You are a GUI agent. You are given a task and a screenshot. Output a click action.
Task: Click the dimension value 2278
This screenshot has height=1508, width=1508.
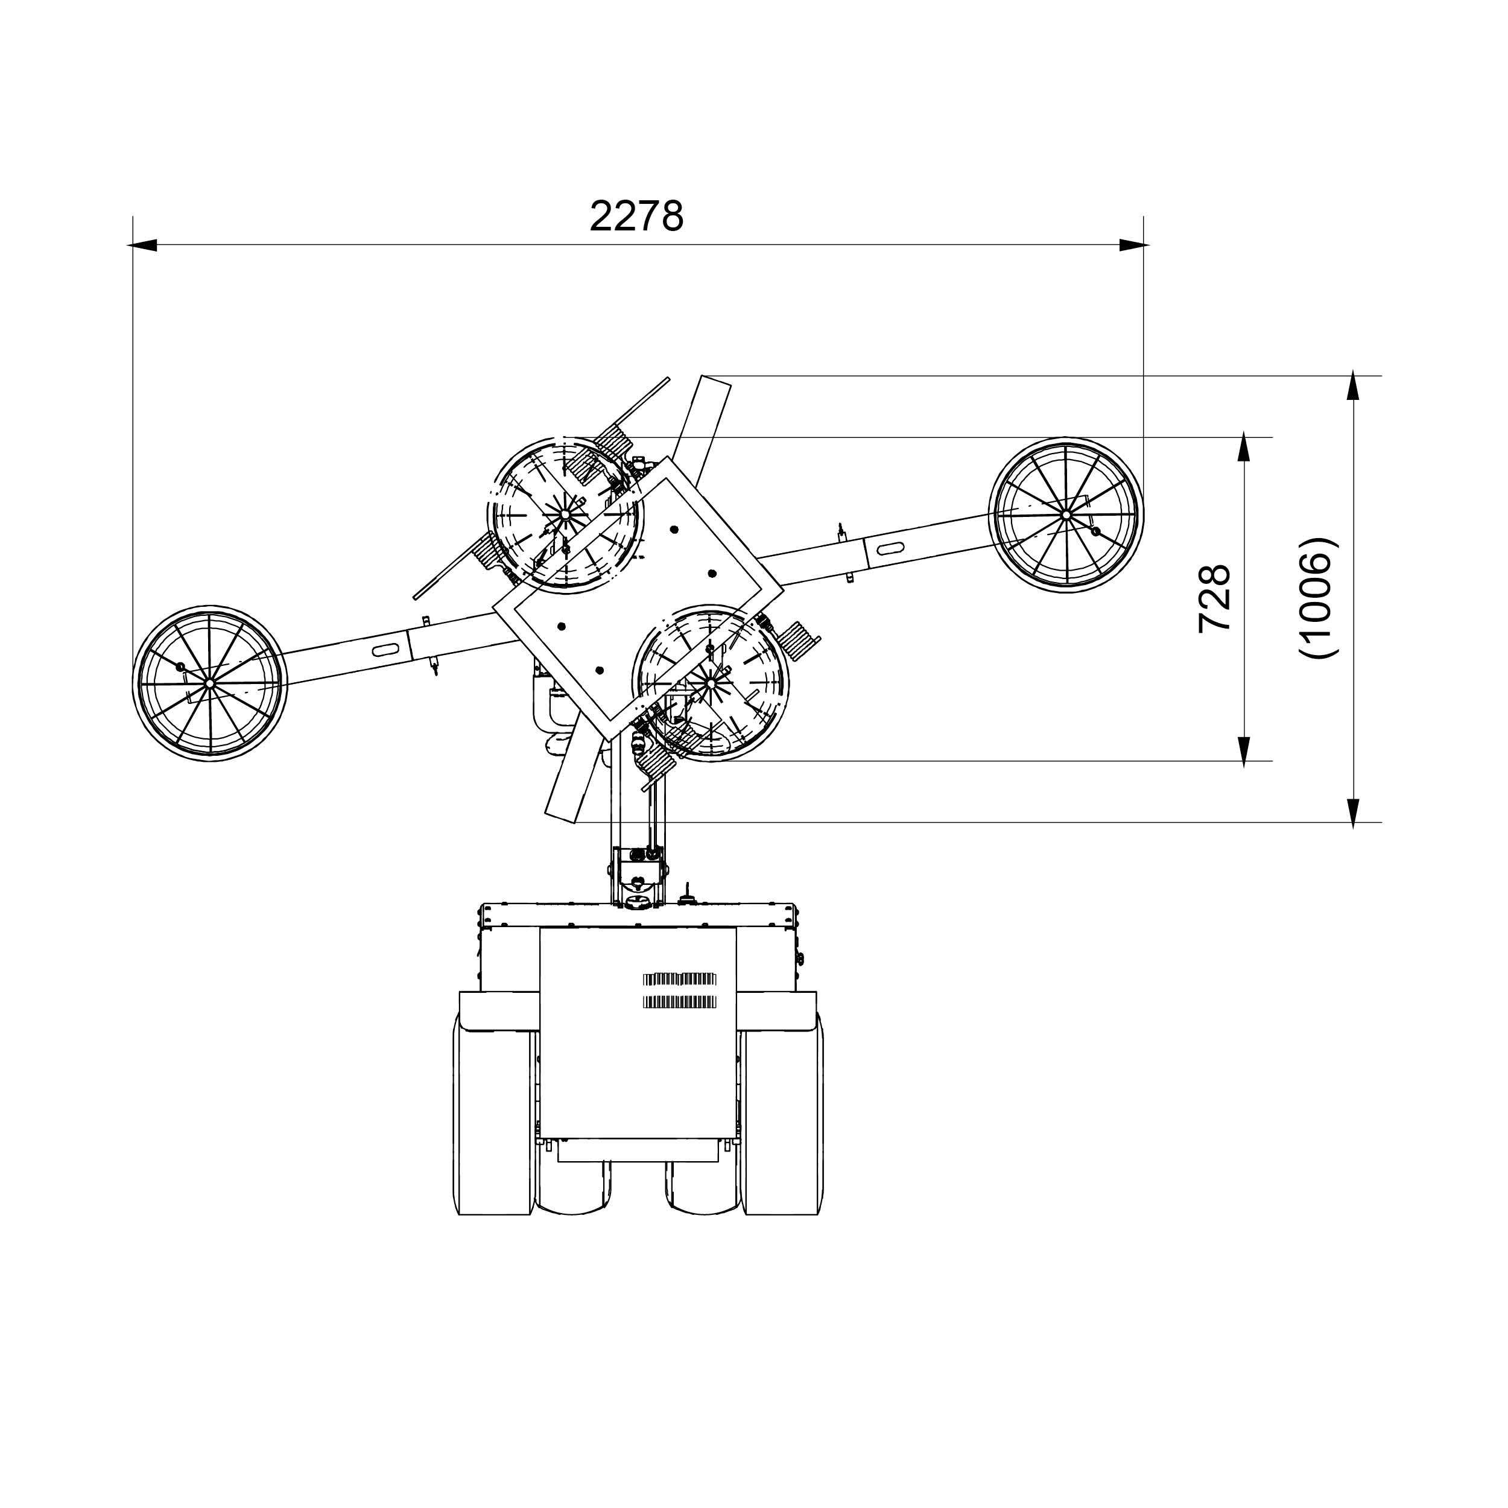[636, 216]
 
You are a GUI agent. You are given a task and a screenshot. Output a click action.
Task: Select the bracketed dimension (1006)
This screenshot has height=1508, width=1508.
[1319, 598]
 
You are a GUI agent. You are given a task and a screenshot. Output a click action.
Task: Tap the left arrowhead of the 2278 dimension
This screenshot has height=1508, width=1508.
[142, 245]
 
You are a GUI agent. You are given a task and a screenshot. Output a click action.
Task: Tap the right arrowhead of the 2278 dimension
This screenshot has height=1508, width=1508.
[1134, 245]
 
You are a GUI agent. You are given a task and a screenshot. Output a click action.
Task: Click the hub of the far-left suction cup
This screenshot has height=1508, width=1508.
[210, 682]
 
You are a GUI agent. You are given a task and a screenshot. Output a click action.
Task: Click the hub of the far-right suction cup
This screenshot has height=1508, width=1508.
[1065, 515]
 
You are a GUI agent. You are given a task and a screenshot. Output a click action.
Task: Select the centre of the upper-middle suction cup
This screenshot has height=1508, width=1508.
[565, 515]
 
